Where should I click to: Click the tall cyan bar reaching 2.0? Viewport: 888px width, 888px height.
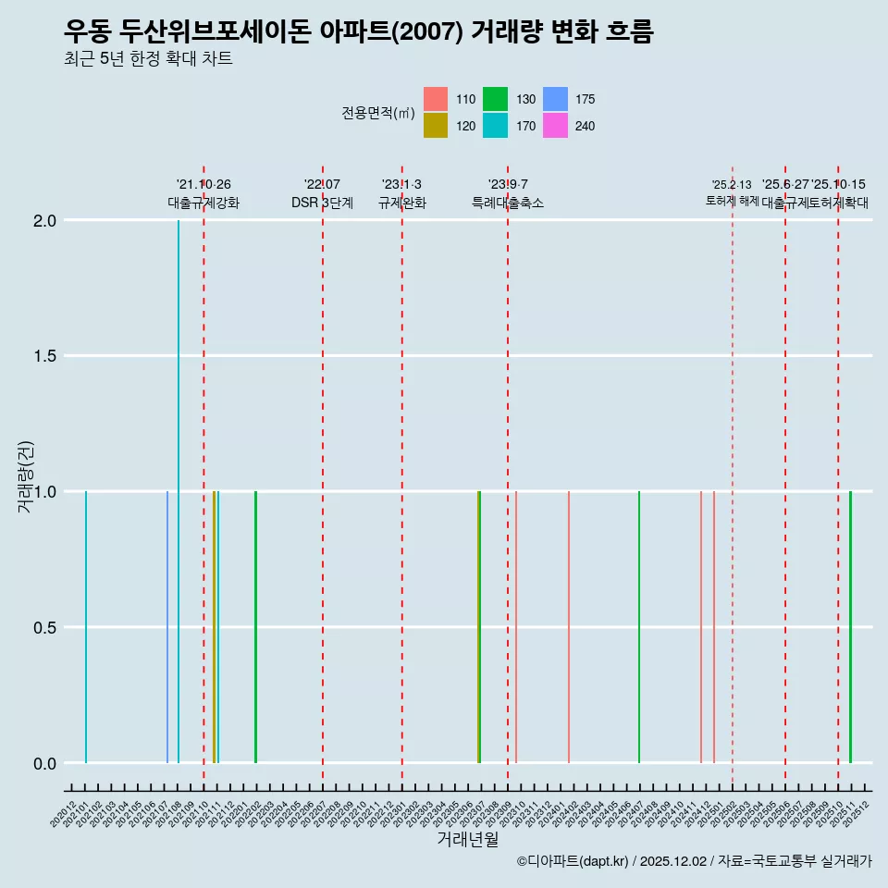point(179,490)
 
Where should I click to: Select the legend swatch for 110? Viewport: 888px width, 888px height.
point(436,99)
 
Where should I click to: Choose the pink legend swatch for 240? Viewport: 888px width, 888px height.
point(555,126)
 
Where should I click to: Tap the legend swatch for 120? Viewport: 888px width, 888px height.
point(436,126)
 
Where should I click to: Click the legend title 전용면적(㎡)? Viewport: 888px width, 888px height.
point(378,113)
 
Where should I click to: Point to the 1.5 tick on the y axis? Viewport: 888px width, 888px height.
point(44,356)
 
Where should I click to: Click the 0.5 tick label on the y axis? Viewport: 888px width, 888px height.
point(44,627)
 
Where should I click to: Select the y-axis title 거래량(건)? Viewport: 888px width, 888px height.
point(26,478)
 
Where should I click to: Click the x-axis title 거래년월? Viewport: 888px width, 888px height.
point(468,840)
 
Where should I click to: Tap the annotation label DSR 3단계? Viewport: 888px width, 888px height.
point(322,203)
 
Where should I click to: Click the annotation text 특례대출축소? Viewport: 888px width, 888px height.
point(508,203)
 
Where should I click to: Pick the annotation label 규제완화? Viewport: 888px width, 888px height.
point(401,203)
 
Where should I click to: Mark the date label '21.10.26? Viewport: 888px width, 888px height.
point(203,184)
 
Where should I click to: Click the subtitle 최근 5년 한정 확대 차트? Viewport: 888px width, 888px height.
point(148,59)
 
